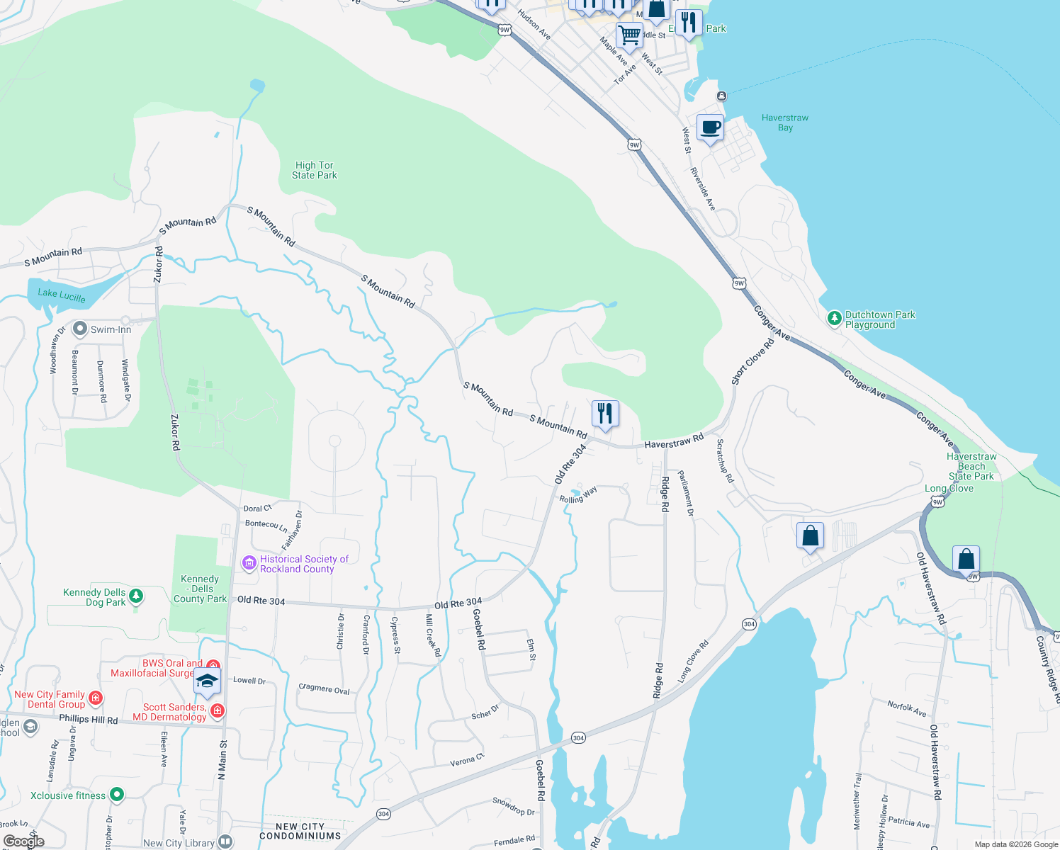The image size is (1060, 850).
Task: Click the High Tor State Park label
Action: [314, 170]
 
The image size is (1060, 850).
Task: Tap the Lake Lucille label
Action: [62, 295]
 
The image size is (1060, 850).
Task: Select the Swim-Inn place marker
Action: [80, 329]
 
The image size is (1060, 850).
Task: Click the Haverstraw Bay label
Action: [784, 123]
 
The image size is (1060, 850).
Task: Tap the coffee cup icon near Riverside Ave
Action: [710, 128]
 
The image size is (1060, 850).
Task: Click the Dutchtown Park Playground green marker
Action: [835, 319]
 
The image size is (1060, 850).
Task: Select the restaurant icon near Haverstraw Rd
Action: [605, 414]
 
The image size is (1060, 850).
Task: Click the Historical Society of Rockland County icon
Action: [249, 563]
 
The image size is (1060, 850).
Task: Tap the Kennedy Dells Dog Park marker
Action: [136, 596]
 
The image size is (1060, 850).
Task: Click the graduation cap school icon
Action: [206, 681]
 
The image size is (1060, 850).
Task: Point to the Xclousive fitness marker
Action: [117, 795]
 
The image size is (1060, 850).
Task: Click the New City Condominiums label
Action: [300, 831]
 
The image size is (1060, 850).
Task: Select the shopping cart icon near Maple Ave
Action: [628, 35]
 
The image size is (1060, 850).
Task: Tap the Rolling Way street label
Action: [578, 495]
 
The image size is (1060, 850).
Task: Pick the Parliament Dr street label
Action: [686, 493]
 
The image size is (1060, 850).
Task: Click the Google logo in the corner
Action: [23, 841]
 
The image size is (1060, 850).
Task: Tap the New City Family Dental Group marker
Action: [96, 698]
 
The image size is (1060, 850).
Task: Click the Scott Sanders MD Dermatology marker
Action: [218, 710]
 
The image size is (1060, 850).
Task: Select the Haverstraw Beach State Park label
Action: [971, 466]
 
